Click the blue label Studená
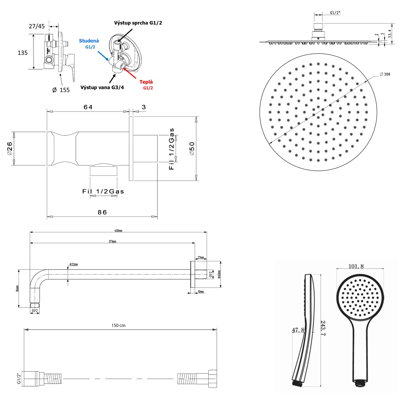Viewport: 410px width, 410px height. pos(89,41)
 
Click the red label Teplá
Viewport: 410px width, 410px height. pos(146,82)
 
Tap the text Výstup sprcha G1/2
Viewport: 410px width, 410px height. pos(138,23)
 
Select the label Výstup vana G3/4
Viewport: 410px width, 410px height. pos(102,87)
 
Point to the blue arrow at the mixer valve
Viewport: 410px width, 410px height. pos(103,55)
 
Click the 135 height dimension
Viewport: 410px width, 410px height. pos(23,53)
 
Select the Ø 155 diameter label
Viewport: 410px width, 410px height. pos(61,90)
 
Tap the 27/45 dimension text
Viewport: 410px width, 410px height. pos(37,27)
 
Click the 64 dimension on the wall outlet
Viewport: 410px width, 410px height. pos(88,107)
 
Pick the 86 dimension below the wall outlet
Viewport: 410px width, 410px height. pos(102,212)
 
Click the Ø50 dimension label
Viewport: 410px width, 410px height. pos(192,148)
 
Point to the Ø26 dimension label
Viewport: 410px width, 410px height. pos(10,148)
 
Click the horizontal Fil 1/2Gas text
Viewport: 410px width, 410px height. pos(103,192)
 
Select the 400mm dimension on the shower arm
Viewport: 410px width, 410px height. pos(118,231)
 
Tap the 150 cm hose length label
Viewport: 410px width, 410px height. pos(118,326)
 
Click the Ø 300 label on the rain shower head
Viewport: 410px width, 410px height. pos(385,74)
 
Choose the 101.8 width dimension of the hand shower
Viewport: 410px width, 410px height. pos(356,266)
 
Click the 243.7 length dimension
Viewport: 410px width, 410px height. pos(323,328)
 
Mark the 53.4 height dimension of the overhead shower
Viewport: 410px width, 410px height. pos(390,34)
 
